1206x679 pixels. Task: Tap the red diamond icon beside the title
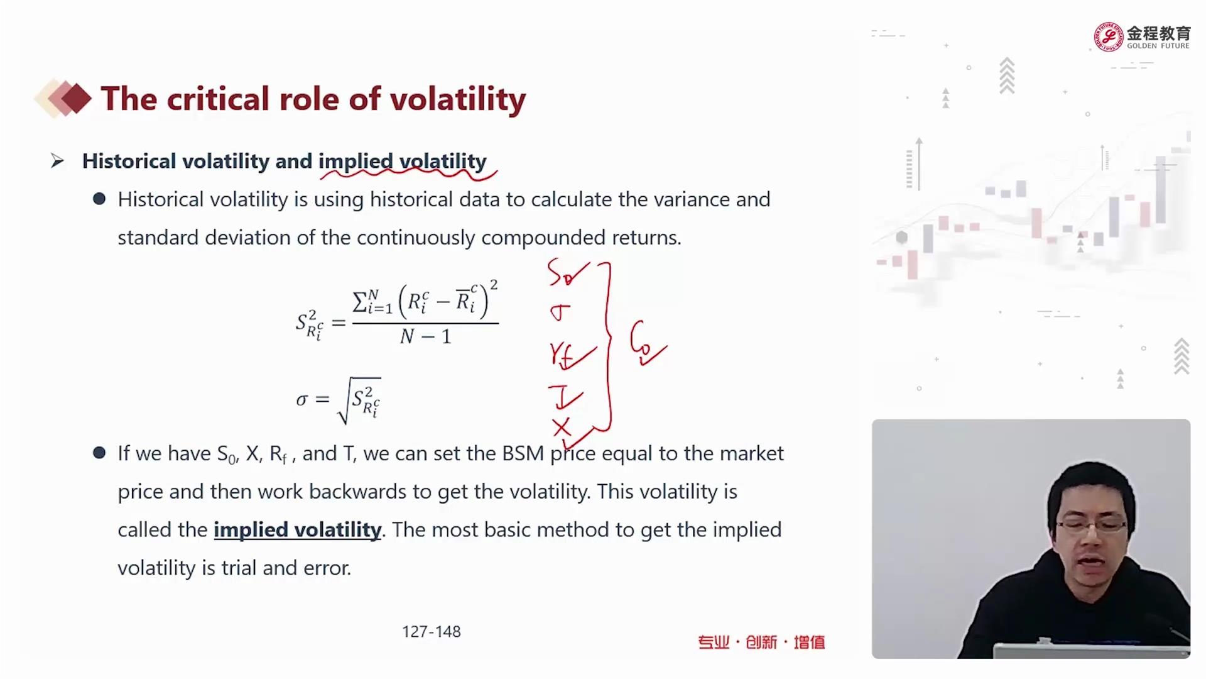point(76,99)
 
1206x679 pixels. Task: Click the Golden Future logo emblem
point(1108,36)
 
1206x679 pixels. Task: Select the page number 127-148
point(432,631)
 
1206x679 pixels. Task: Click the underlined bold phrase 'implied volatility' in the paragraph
point(297,530)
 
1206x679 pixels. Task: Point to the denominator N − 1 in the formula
point(426,337)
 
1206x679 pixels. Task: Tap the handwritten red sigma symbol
point(560,312)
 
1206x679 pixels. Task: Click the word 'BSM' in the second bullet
point(523,453)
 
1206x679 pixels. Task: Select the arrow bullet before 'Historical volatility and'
point(57,162)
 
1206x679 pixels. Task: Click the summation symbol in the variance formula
point(361,302)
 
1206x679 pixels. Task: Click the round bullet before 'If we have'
point(99,453)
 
